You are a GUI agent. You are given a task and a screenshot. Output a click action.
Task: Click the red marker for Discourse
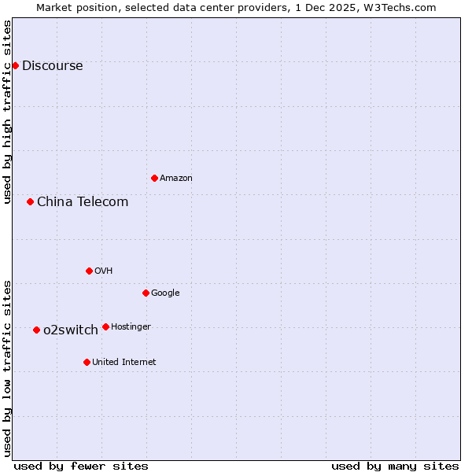(x=15, y=65)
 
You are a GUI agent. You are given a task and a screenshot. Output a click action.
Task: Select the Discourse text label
(x=52, y=66)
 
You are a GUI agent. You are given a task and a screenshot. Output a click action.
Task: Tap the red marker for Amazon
(x=154, y=178)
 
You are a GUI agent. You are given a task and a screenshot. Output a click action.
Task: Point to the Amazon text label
(x=176, y=179)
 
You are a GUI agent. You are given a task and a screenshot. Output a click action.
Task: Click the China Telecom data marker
(x=30, y=201)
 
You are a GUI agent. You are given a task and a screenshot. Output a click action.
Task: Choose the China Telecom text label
(x=83, y=202)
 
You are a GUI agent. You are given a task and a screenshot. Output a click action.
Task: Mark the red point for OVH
(x=89, y=271)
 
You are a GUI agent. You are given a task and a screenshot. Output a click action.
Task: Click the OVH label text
(x=104, y=271)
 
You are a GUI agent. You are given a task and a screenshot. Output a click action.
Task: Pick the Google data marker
(x=146, y=293)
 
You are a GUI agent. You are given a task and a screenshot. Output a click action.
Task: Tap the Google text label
(x=165, y=293)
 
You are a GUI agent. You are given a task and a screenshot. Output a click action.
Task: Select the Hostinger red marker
(x=105, y=326)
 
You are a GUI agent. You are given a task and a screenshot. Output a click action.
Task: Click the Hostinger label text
(x=131, y=327)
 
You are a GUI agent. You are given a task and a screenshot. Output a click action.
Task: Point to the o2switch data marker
(x=36, y=330)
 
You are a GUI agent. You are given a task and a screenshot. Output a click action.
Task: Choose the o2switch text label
(x=71, y=330)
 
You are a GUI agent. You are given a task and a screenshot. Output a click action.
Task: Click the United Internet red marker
(x=87, y=362)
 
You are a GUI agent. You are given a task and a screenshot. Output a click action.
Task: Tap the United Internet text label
(x=124, y=363)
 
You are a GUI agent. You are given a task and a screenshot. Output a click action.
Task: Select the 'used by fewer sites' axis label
(x=81, y=466)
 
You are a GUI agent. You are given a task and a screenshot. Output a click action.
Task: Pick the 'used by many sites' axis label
(x=395, y=466)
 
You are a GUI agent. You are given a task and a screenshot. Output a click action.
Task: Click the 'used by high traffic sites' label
(x=8, y=112)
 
